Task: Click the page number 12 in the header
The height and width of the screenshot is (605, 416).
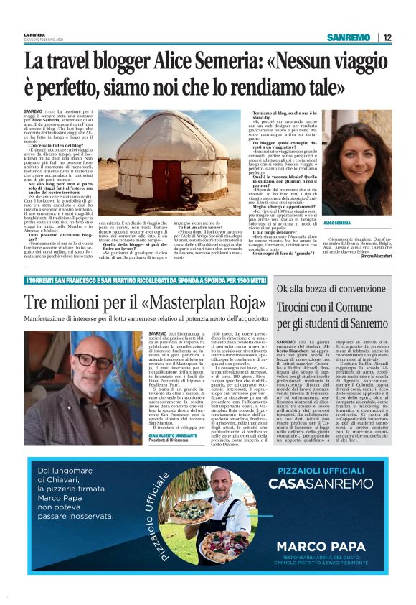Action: coord(388,37)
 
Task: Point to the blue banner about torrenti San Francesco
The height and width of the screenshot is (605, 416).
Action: coord(136,279)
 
